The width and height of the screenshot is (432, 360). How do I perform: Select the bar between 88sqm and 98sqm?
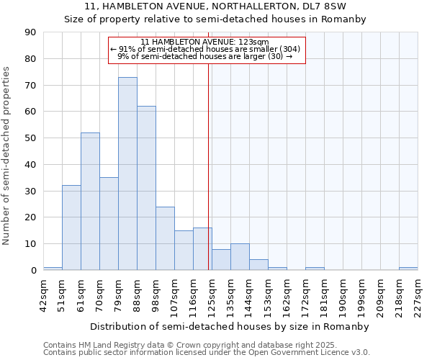146,188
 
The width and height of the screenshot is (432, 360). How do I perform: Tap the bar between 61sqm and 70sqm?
90,202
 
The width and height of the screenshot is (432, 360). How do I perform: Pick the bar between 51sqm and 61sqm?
71,228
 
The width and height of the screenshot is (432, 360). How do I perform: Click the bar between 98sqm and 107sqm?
165,238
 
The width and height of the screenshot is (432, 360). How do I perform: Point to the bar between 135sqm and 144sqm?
240,257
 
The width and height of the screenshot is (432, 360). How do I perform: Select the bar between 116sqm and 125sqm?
202,249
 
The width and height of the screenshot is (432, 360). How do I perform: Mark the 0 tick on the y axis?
33,271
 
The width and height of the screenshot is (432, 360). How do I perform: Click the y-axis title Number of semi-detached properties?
7,156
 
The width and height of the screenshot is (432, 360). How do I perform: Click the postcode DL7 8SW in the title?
320,6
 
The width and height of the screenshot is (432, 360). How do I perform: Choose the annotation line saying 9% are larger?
205,56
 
